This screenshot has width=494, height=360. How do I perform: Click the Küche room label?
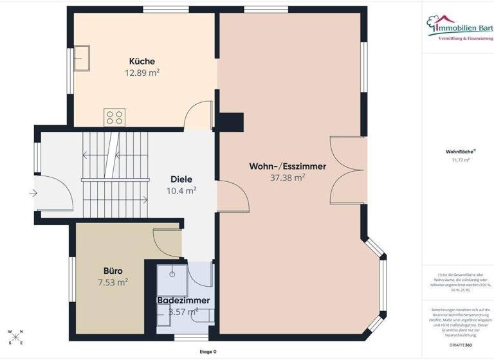(142, 62)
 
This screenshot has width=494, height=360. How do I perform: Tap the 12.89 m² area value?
(142, 73)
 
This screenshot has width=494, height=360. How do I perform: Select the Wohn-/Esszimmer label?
(288, 166)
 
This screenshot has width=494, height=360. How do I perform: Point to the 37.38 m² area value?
(288, 178)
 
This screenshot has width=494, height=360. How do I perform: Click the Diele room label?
(181, 179)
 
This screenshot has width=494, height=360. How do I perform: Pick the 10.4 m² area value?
(181, 190)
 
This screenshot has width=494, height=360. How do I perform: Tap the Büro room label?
(113, 271)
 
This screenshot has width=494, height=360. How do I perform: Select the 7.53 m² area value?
(113, 282)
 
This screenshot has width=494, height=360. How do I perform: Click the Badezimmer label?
(183, 300)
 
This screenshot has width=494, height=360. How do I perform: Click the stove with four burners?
(114, 117)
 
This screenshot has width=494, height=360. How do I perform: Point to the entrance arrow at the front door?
(32, 192)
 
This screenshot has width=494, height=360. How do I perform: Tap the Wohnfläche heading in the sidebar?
(457, 152)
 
